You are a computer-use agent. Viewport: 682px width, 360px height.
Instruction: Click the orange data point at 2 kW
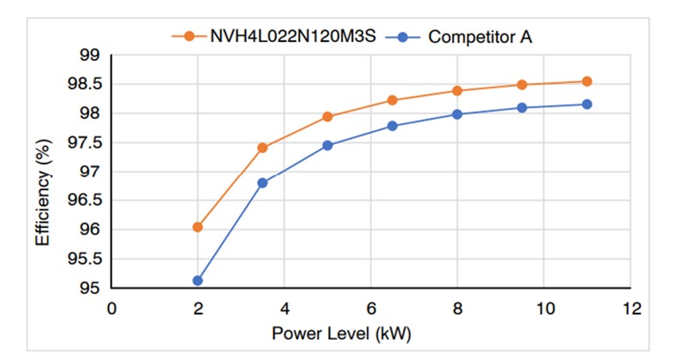click(198, 227)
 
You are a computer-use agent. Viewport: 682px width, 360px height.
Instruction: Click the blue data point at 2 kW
click(198, 280)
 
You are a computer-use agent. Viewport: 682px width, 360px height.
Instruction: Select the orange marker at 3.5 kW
click(263, 147)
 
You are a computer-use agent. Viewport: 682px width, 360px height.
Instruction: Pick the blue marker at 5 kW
click(327, 145)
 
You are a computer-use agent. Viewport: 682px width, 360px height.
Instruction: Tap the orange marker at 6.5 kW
click(392, 100)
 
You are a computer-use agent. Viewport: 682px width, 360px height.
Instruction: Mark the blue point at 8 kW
click(458, 114)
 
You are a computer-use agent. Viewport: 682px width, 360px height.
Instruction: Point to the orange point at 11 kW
click(587, 81)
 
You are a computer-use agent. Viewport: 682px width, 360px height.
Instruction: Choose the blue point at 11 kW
click(587, 104)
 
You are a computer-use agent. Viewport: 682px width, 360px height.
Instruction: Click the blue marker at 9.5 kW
click(522, 108)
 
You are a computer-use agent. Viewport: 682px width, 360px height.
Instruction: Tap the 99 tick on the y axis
click(90, 56)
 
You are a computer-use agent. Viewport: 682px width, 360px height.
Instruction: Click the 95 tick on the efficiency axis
click(90, 288)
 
